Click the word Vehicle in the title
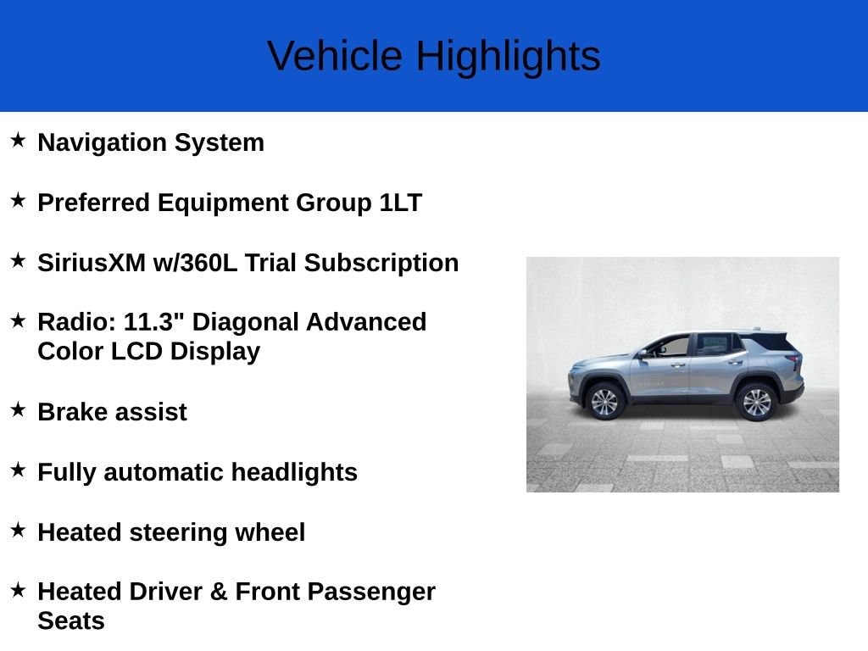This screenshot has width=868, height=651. pyautogui.click(x=335, y=56)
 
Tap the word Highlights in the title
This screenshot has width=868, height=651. pyautogui.click(x=509, y=57)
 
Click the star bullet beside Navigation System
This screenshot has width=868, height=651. pyautogui.click(x=19, y=140)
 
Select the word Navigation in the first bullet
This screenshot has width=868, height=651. pyautogui.click(x=103, y=143)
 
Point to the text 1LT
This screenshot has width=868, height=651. pyautogui.click(x=400, y=203)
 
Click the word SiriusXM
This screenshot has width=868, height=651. pyautogui.click(x=92, y=263)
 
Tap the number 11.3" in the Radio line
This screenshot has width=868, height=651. pyautogui.click(x=154, y=322)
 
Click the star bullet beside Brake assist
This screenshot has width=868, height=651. pyautogui.click(x=19, y=410)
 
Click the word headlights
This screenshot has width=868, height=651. pyautogui.click(x=294, y=473)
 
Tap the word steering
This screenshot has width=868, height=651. pyautogui.click(x=178, y=533)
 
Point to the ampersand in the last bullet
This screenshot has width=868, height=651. pyautogui.click(x=219, y=592)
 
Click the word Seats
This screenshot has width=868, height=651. pyautogui.click(x=71, y=621)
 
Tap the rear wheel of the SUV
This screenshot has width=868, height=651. pyautogui.click(x=756, y=402)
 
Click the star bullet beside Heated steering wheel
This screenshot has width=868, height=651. pyautogui.click(x=19, y=531)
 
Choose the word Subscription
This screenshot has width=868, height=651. pyautogui.click(x=381, y=264)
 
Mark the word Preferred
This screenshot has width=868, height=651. pyautogui.click(x=93, y=203)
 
